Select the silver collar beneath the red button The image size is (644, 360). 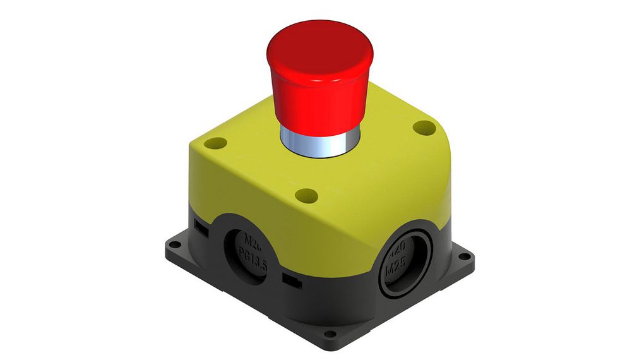point(318,143)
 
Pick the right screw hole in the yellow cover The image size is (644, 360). point(424,128)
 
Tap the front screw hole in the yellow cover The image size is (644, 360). point(306,195)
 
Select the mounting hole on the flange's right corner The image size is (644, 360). point(465,256)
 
